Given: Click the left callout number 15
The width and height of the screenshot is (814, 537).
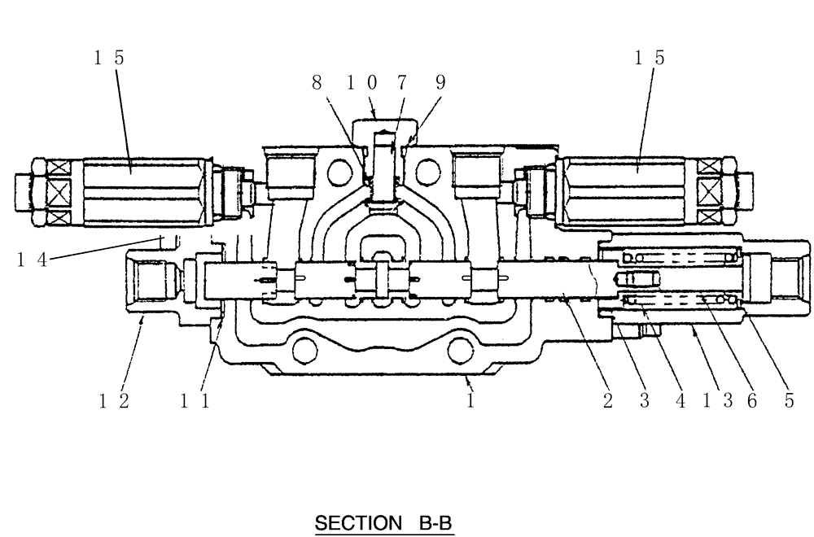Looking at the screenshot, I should point(108,58).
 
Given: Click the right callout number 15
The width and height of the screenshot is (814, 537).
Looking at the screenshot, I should point(649,58).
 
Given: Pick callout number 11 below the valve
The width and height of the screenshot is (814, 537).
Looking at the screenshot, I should point(195,401).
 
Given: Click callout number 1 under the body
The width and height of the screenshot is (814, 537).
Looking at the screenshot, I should point(470,401).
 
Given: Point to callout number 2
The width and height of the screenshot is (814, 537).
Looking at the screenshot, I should point(606,401).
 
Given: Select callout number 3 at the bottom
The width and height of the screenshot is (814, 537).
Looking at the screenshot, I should point(643,401).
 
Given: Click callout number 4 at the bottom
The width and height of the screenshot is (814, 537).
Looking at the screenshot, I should point(681,401).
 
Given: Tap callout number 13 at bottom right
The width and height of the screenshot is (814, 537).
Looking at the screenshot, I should point(716,401).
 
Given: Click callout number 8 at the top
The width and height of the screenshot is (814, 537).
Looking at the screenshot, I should point(317,83).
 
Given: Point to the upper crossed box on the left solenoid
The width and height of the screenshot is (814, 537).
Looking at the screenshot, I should point(57,172).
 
